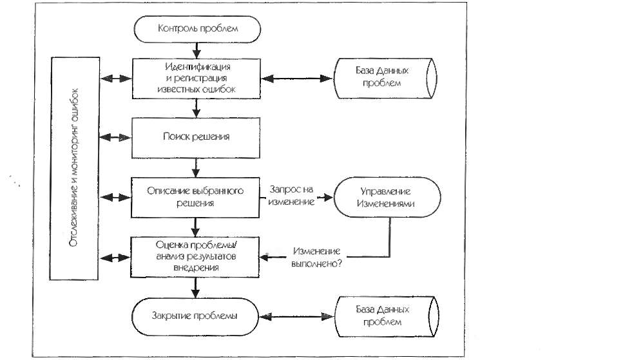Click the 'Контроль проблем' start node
197,29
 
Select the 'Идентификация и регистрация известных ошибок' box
197,79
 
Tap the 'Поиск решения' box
196,138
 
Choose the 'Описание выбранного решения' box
195,198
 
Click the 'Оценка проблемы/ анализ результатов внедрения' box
195,257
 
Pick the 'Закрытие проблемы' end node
195,317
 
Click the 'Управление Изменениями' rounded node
387,197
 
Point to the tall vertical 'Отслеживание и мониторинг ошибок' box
74,168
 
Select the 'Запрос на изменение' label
291,196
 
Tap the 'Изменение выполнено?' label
316,257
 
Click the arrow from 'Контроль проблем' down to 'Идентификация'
197,50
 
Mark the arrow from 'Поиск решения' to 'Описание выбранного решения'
196,167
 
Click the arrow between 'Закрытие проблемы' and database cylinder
297,317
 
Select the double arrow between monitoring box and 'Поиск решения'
115,138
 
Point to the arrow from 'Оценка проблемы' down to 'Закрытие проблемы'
195,288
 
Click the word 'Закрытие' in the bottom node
169,316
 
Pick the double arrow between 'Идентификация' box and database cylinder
297,79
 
